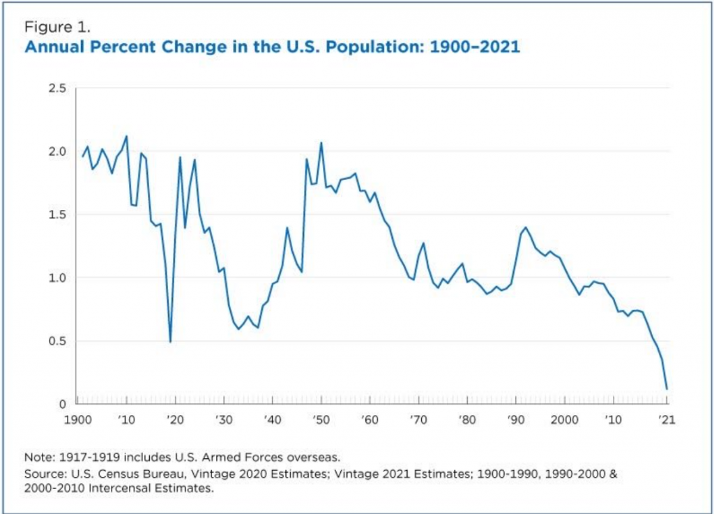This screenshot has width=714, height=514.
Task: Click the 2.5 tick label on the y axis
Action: (x=56, y=89)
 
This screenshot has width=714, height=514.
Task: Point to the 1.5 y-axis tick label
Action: (x=56, y=215)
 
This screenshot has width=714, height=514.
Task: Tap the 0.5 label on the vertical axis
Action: (x=56, y=341)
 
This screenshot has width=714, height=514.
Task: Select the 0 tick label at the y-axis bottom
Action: (x=63, y=404)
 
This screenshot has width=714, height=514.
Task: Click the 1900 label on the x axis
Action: (x=77, y=421)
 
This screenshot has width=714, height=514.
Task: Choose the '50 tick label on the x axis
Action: (x=320, y=421)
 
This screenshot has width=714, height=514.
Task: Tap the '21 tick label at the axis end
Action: (x=667, y=421)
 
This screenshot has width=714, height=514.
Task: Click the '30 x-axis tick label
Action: (x=223, y=421)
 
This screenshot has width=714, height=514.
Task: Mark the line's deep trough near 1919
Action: (x=170, y=342)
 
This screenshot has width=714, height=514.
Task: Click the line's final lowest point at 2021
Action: (x=667, y=389)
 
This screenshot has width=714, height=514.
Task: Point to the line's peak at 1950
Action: (x=321, y=142)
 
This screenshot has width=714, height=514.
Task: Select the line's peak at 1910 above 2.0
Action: (x=126, y=136)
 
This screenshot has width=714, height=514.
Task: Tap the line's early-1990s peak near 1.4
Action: (x=525, y=227)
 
